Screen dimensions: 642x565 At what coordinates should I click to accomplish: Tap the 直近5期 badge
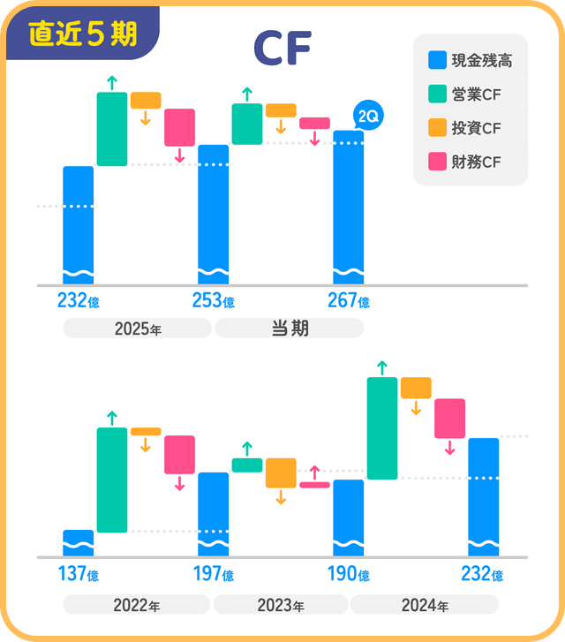pyautogui.click(x=82, y=34)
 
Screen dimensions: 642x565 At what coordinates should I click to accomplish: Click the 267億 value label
pyautogui.click(x=348, y=301)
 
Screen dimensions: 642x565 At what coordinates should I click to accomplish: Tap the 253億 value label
pyautogui.click(x=213, y=301)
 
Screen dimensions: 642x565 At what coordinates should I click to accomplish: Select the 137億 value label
pyautogui.click(x=78, y=574)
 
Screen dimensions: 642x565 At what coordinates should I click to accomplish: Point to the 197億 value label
pyautogui.click(x=213, y=574)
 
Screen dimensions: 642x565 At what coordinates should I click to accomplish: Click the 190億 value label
pyautogui.click(x=348, y=574)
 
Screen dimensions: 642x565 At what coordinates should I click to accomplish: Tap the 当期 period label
pyautogui.click(x=290, y=329)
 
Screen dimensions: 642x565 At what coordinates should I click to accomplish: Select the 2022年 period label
pyautogui.click(x=137, y=606)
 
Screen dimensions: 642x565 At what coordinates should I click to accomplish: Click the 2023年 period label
pyautogui.click(x=281, y=606)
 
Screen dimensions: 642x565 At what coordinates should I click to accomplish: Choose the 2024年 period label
pyautogui.click(x=425, y=606)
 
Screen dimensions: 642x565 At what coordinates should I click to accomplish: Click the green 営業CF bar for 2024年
pyautogui.click(x=382, y=428)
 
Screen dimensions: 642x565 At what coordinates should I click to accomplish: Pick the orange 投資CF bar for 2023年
pyautogui.click(x=281, y=472)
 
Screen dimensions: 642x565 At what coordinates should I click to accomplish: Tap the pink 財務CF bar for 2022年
pyautogui.click(x=179, y=454)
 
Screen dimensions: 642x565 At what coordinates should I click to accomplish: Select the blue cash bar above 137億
pyautogui.click(x=78, y=542)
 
